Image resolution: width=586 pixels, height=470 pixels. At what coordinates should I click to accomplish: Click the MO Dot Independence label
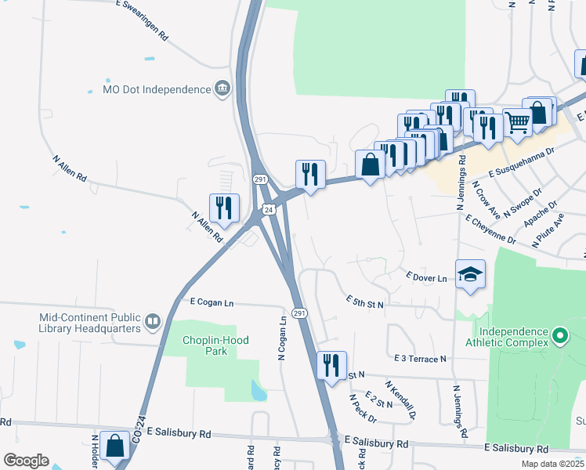tap(157, 89)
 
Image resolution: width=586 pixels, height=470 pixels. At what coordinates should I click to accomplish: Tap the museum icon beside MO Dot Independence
tap(223, 89)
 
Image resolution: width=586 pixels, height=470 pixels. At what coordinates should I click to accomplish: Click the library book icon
tap(152, 320)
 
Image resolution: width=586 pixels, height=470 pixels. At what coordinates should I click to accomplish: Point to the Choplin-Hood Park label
tap(204, 345)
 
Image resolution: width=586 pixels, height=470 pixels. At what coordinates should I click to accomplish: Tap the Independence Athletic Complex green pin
tap(559, 337)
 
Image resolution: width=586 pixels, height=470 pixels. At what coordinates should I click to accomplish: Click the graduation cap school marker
tap(470, 275)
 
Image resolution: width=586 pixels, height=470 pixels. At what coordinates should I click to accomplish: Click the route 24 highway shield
tap(269, 210)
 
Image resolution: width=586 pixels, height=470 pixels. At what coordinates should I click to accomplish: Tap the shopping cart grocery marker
tap(517, 122)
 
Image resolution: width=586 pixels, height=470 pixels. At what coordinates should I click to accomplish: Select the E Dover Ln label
tap(426, 277)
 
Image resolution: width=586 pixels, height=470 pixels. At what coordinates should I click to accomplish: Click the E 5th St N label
tap(365, 301)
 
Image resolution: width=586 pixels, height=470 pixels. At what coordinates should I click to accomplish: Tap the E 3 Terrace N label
tap(421, 358)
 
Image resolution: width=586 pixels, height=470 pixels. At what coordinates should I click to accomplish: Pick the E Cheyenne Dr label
tap(490, 230)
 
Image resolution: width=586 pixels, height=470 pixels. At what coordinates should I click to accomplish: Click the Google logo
tap(25, 461)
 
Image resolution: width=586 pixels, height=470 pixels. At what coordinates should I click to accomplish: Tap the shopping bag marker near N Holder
tap(115, 447)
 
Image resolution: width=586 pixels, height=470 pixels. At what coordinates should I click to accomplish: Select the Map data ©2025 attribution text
tap(552, 464)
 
